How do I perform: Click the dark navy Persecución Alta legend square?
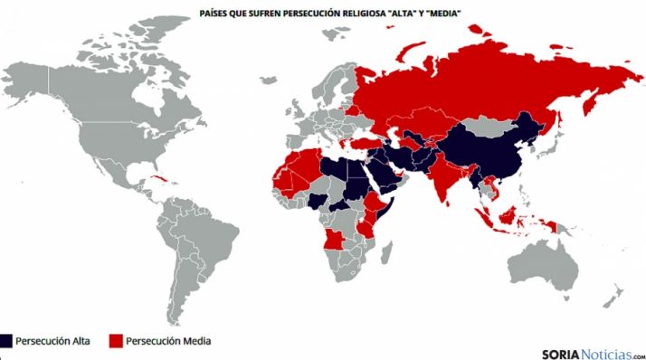pyautogui.click(x=7, y=341)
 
